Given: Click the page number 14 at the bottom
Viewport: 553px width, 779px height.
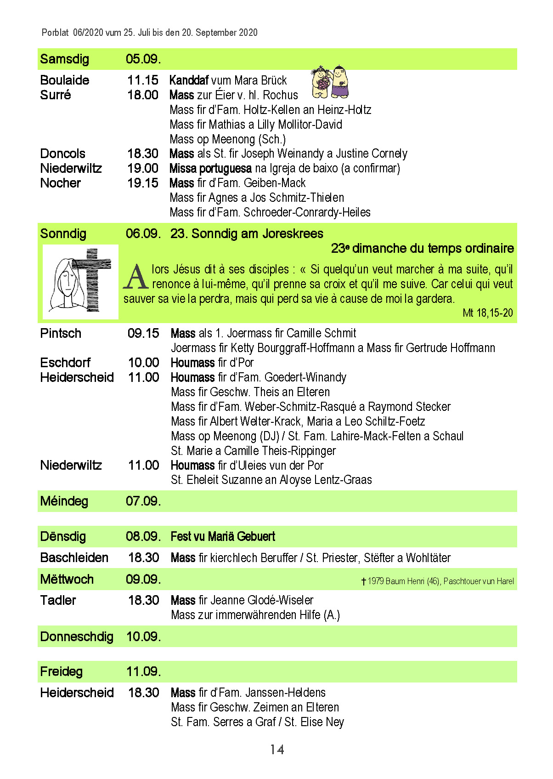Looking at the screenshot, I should [x=276, y=750].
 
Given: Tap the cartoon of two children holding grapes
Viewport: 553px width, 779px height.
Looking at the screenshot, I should [x=330, y=82].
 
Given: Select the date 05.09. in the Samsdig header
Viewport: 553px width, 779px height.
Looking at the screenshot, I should [x=143, y=59].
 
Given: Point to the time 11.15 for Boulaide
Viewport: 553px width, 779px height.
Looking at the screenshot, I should [x=143, y=80].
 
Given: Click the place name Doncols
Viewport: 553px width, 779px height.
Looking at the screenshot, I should [x=62, y=154].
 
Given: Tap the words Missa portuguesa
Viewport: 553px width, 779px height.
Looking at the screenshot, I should [x=210, y=168].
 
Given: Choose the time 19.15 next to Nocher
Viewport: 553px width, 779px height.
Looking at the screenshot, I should [x=143, y=183].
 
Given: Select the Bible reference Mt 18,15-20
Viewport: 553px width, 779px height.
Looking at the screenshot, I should [x=487, y=313].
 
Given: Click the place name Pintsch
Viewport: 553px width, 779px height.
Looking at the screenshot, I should [x=61, y=333].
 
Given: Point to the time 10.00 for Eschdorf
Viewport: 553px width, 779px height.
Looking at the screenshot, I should [x=143, y=363].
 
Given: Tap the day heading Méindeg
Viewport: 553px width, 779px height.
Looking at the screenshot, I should [x=64, y=501].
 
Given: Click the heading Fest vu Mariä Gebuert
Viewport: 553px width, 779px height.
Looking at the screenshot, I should [x=223, y=536].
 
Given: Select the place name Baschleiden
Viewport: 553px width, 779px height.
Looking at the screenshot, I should [x=74, y=557].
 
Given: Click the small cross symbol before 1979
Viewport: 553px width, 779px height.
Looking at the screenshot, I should [x=363, y=581].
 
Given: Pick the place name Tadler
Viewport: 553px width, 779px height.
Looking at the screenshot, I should [x=58, y=600].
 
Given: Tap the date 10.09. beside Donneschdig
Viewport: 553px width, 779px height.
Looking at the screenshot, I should [x=143, y=637].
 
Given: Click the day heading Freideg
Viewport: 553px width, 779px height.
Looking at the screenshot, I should [x=61, y=671].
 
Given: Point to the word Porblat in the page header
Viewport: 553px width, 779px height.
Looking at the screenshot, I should [x=55, y=33].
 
